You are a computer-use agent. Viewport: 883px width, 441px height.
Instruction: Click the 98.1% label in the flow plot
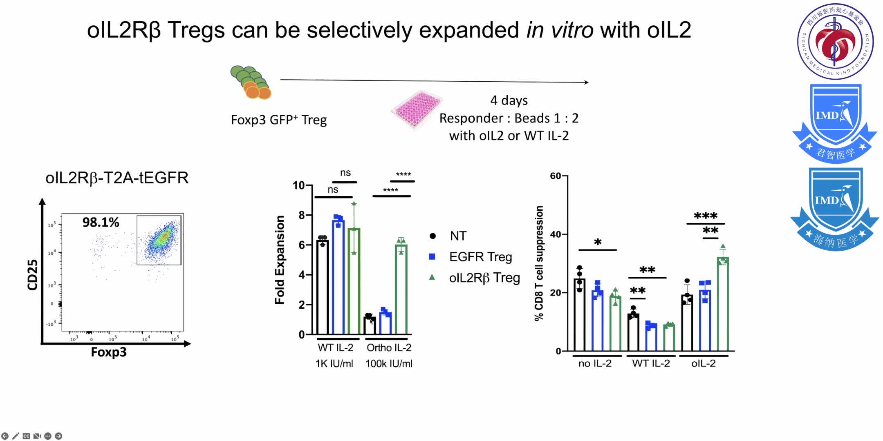(101, 223)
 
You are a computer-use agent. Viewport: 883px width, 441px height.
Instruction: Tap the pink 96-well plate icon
(416, 109)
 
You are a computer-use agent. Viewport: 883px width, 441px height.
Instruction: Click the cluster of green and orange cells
(251, 82)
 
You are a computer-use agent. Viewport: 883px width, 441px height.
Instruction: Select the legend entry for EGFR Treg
(480, 257)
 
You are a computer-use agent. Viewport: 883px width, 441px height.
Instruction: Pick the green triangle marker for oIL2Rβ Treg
(432, 277)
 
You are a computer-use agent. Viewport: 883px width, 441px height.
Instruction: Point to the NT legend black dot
(433, 236)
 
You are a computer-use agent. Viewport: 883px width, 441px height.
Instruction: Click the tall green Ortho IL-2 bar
(401, 290)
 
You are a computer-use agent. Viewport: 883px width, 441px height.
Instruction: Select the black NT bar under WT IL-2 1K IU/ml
(323, 288)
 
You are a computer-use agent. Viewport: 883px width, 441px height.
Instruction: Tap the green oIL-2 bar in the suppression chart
(722, 304)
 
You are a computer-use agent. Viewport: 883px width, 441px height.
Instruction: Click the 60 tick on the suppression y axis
(556, 176)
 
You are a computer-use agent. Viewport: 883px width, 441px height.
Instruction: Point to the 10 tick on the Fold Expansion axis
(299, 185)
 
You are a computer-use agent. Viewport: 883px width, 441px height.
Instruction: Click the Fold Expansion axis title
(280, 260)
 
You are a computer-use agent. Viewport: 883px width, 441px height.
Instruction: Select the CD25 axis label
(32, 275)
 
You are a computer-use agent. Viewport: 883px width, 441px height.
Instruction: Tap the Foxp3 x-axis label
(108, 352)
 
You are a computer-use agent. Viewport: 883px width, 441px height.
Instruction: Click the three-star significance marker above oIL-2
(705, 216)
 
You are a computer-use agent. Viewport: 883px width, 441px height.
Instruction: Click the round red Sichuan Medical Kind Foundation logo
(835, 41)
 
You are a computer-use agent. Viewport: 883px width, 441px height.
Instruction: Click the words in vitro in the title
(560, 30)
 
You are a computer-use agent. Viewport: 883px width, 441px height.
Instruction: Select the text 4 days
(509, 100)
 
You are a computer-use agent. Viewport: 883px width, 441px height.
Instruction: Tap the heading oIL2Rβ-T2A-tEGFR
(117, 178)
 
